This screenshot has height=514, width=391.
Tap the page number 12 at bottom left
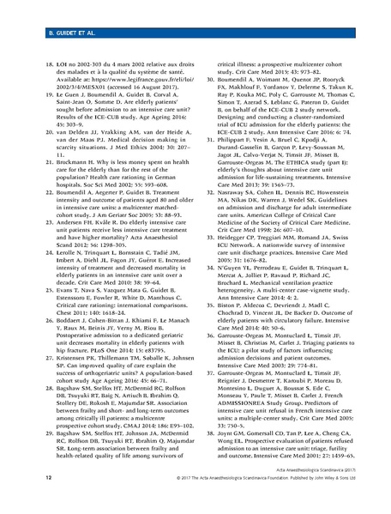14,498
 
